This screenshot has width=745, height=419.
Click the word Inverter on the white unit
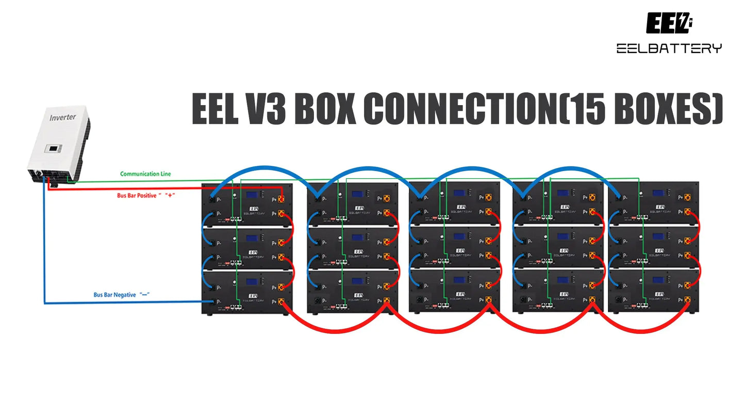pyautogui.click(x=62, y=117)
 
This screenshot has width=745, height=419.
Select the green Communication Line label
pyautogui.click(x=145, y=174)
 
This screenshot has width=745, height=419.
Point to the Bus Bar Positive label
pyautogui.click(x=137, y=196)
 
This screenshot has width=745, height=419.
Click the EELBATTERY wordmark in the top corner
pyautogui.click(x=669, y=48)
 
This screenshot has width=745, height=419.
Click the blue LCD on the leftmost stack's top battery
pyautogui.click(x=252, y=195)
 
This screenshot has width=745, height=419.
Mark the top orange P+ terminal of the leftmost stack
pyautogui.click(x=282, y=198)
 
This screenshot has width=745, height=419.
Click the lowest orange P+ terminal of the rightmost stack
pyautogui.click(x=687, y=299)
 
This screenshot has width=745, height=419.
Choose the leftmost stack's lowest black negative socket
pyautogui.click(x=211, y=301)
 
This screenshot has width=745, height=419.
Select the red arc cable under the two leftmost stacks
pyautogui.click(x=335, y=330)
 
